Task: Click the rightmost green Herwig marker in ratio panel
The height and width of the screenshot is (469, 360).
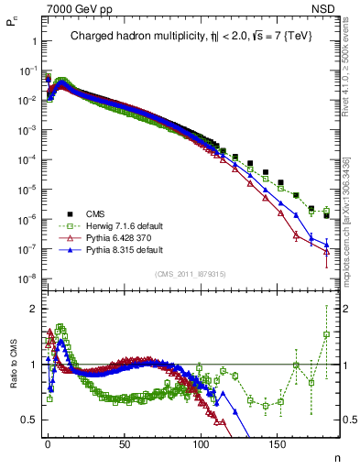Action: click(x=326, y=334)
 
